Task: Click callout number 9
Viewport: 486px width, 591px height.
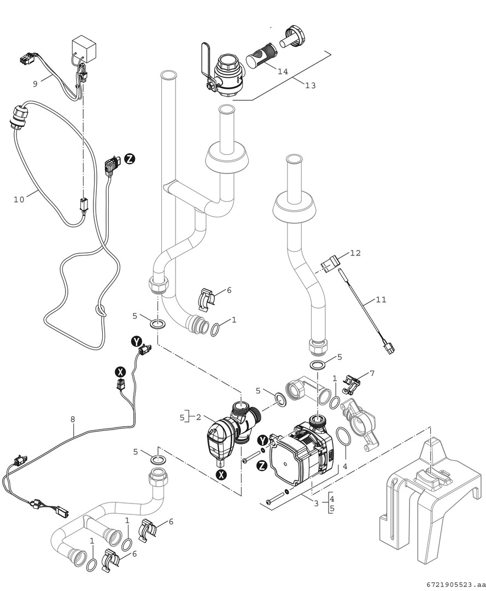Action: coord(35,84)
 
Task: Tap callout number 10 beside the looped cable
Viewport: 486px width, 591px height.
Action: coord(19,200)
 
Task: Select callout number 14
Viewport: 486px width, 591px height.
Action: coord(282,72)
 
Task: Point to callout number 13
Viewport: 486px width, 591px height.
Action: coord(311,85)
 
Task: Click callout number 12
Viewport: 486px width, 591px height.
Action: coord(355,253)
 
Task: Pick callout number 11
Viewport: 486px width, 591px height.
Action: coord(381,300)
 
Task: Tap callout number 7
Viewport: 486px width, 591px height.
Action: coord(372,373)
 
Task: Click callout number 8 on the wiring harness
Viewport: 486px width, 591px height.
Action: coord(73,420)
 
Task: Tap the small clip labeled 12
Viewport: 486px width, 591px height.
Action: coord(330,264)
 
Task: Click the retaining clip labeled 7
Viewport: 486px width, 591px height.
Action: coord(350,384)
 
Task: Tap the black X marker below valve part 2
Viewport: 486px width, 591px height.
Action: coord(221,475)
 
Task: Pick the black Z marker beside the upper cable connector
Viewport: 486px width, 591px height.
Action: coord(130,159)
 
